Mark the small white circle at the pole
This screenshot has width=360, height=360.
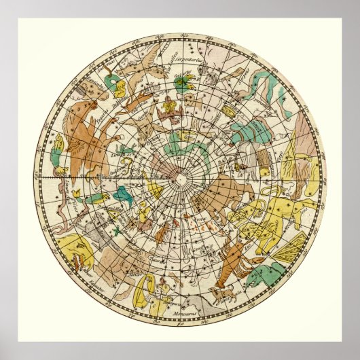pos(181,179)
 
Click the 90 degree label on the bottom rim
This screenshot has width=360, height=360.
pos(179,320)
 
